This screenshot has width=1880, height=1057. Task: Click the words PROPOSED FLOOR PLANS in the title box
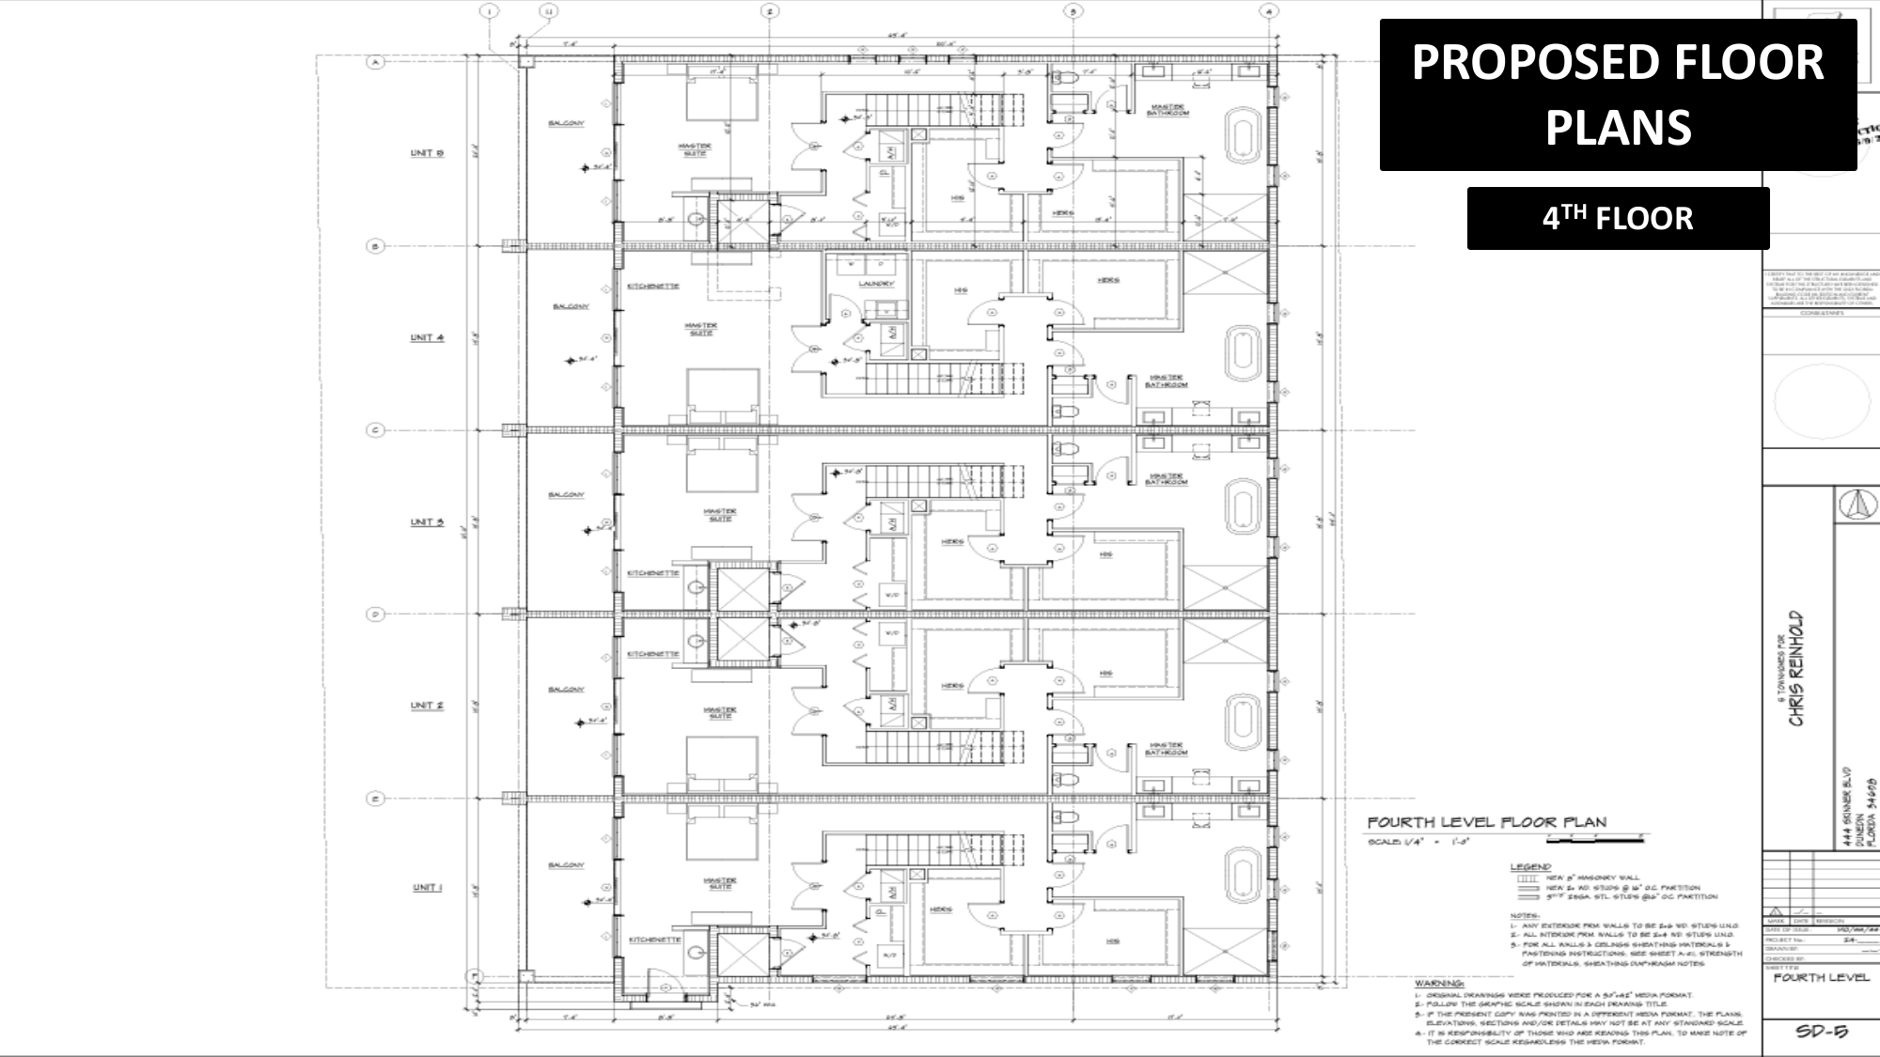pyautogui.click(x=1618, y=94)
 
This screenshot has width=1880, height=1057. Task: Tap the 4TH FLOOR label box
pyautogui.click(x=1618, y=218)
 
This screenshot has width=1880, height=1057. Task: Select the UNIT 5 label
pyautogui.click(x=427, y=152)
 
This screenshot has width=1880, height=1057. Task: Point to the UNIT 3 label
pyautogui.click(x=427, y=521)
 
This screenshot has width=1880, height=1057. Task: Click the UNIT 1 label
pyautogui.click(x=428, y=887)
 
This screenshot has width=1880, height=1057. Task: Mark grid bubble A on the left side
pyautogui.click(x=375, y=62)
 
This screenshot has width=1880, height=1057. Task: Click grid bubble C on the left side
pyautogui.click(x=375, y=430)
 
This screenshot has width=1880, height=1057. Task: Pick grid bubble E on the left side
pyautogui.click(x=375, y=799)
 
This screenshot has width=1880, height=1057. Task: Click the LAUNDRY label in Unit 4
pyautogui.click(x=875, y=283)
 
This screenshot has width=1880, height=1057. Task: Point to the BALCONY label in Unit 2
pyautogui.click(x=567, y=689)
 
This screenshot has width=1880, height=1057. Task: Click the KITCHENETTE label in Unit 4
pyautogui.click(x=652, y=286)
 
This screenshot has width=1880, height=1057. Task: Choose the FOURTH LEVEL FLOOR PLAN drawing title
pyautogui.click(x=1486, y=822)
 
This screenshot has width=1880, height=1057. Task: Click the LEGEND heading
pyautogui.click(x=1530, y=866)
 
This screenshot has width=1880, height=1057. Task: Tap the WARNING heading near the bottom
pyautogui.click(x=1438, y=983)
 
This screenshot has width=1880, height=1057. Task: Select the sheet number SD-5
pyautogui.click(x=1821, y=1031)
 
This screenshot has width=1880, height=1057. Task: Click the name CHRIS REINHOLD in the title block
pyautogui.click(x=1796, y=668)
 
